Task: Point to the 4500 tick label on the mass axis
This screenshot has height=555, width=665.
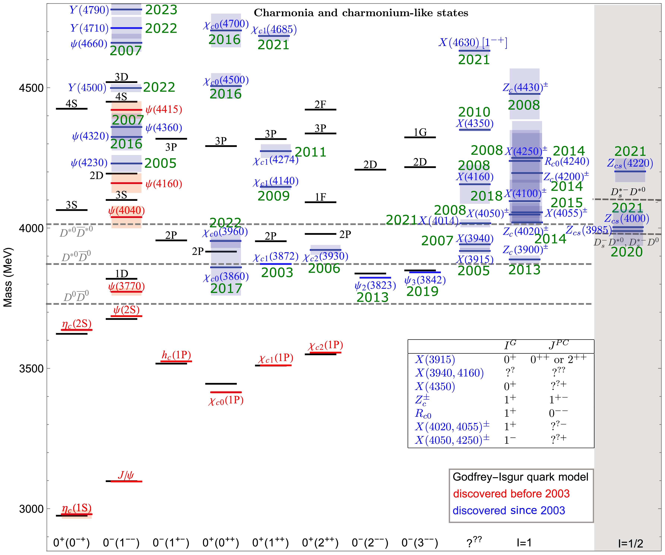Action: [31, 88]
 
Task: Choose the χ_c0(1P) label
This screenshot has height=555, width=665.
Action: [226, 401]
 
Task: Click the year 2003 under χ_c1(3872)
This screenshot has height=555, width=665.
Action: [277, 273]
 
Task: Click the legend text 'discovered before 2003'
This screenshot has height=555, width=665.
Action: [511, 494]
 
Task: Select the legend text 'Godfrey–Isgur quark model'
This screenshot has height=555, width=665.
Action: [520, 477]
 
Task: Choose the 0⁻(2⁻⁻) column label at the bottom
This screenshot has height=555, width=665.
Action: [370, 543]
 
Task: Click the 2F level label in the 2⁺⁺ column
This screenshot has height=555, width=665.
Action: [320, 104]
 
